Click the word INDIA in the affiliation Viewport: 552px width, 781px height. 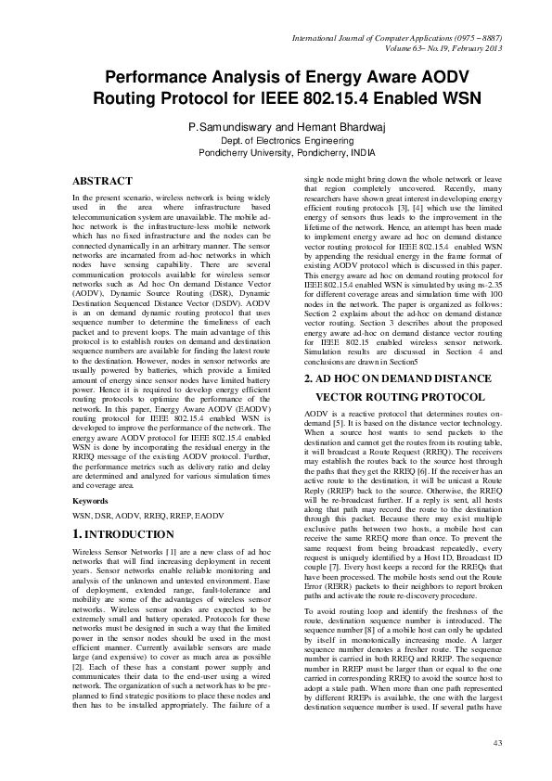[358, 150]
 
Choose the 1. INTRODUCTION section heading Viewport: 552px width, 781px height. [122, 535]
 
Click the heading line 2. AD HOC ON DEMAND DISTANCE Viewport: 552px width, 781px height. [403, 379]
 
